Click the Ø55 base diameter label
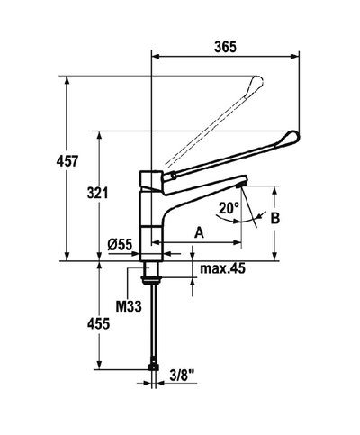click(x=120, y=244)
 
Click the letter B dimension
click(x=276, y=218)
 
